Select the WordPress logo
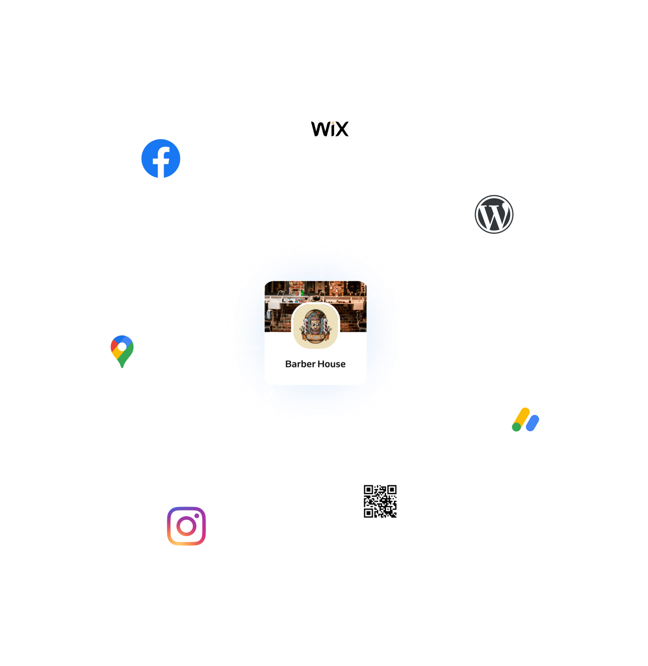494,214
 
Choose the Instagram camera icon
186,526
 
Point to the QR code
380,501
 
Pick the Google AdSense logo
525,419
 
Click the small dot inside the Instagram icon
196,516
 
